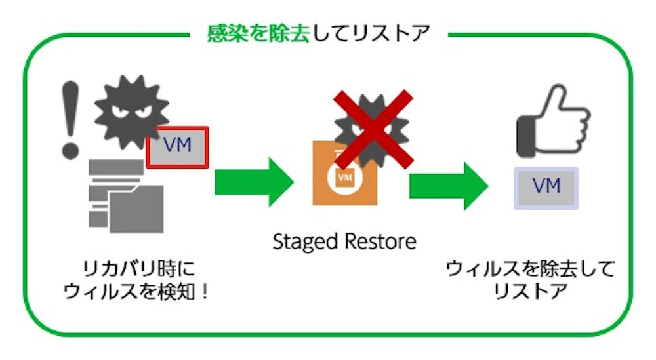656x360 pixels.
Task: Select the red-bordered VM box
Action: click(x=177, y=146)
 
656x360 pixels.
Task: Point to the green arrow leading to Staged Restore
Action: click(x=253, y=182)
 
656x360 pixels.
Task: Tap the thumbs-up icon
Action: click(x=548, y=119)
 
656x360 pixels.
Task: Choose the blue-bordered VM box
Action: click(x=546, y=187)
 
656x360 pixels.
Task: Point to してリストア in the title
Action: click(x=371, y=33)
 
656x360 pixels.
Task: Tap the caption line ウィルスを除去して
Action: click(x=530, y=270)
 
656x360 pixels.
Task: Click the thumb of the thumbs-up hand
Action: click(x=555, y=98)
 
